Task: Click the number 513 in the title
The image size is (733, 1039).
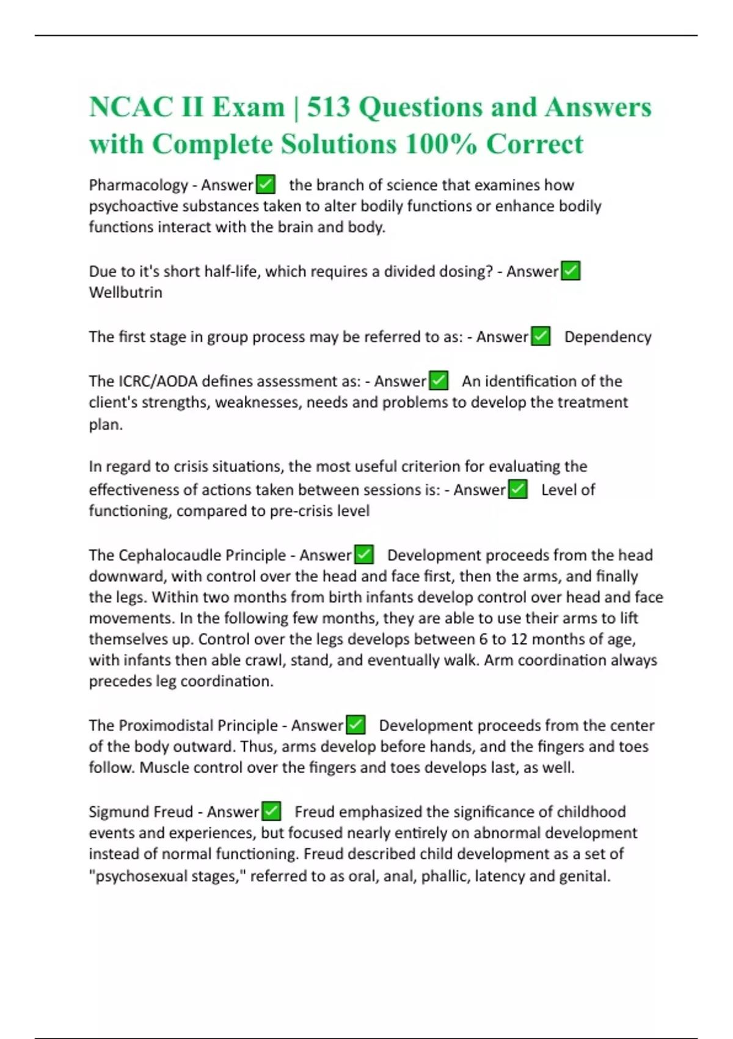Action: (x=328, y=108)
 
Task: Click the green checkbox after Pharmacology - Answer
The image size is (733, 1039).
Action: (x=266, y=184)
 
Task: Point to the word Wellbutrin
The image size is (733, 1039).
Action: (x=125, y=292)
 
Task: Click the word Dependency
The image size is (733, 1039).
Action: (x=607, y=337)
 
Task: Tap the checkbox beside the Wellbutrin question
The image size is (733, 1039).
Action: (x=571, y=271)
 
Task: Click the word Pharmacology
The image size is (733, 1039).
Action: (x=138, y=185)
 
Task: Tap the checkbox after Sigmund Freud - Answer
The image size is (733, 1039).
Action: (x=271, y=812)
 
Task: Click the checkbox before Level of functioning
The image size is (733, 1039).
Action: (x=518, y=490)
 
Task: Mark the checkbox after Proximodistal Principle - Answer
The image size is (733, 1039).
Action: (x=356, y=725)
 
